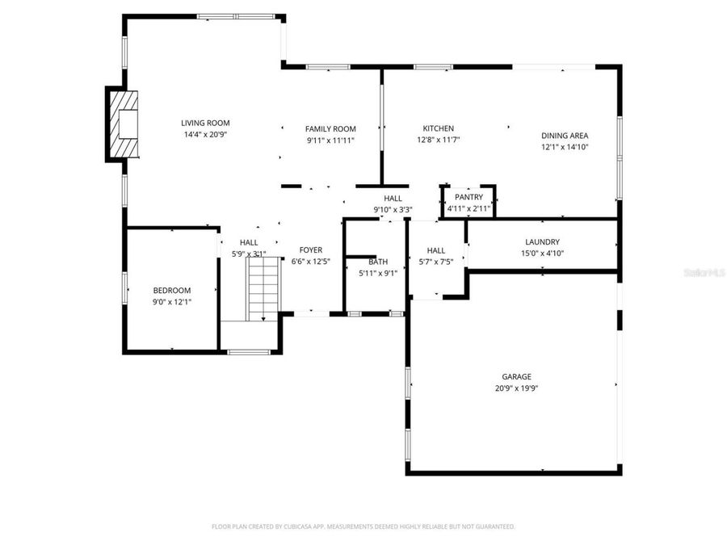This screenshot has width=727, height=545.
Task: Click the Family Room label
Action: coord(330,128)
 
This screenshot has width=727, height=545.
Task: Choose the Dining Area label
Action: coord(565,136)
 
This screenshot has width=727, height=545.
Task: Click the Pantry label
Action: coord(469,197)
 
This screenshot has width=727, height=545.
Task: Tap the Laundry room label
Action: coord(542,241)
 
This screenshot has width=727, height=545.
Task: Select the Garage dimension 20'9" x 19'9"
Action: coord(517,388)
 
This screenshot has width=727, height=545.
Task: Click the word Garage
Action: coord(517,376)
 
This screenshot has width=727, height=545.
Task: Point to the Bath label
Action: coord(378,262)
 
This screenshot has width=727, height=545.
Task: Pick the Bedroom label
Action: coord(172,291)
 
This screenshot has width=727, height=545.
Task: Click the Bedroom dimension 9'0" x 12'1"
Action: coord(172,302)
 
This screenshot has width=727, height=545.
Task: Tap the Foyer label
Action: coord(311,250)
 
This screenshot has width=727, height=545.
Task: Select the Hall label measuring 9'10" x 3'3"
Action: coord(393,198)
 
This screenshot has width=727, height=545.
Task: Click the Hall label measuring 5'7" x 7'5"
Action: coord(436,250)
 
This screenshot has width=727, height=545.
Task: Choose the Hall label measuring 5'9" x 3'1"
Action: coord(249,242)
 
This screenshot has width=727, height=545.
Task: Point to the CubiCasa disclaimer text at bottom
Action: coord(363,526)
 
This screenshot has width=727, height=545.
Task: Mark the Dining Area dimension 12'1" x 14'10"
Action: coord(565,147)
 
